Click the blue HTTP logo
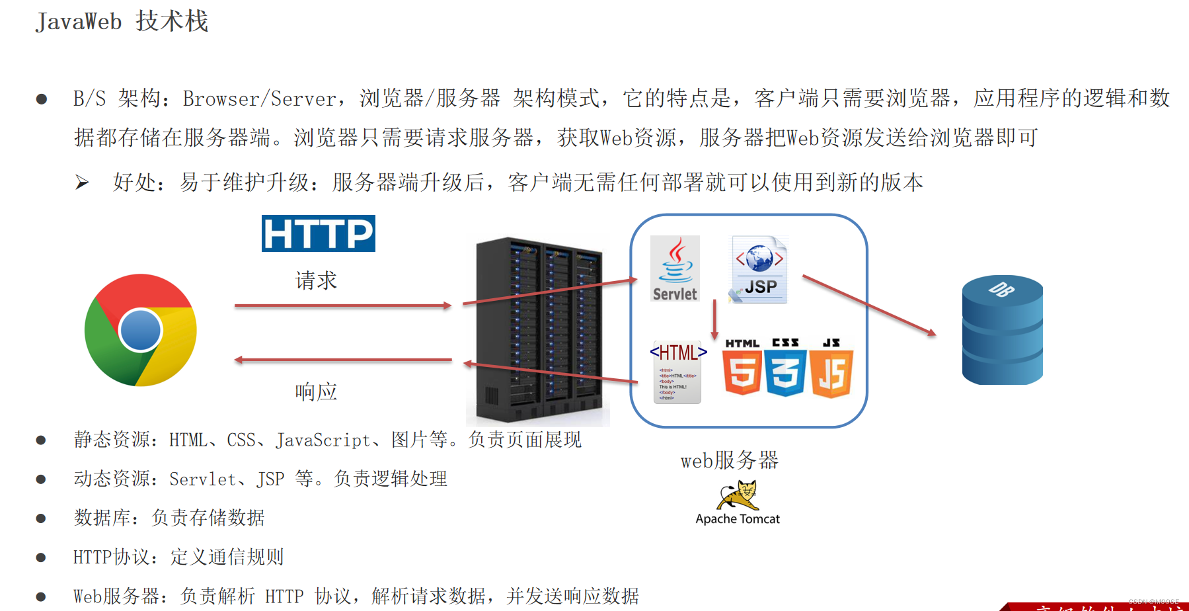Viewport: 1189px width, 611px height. tap(318, 233)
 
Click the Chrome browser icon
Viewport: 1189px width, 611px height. tap(141, 330)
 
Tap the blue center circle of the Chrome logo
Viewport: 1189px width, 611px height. tap(141, 330)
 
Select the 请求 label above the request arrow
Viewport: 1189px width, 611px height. tap(316, 280)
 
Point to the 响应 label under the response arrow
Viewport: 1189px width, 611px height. tap(316, 391)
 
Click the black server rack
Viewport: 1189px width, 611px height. tap(538, 331)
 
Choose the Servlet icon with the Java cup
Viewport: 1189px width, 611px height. tap(675, 269)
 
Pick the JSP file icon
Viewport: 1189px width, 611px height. tap(759, 270)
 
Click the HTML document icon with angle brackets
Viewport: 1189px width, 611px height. tap(677, 372)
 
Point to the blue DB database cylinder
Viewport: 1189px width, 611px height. tap(1002, 330)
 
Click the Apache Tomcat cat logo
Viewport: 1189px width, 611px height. tap(739, 495)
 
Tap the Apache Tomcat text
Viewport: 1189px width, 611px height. tap(738, 519)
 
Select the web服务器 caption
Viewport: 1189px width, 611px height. tap(730, 460)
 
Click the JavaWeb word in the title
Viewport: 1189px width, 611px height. tap(79, 22)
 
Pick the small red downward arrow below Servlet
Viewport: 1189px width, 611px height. tap(714, 320)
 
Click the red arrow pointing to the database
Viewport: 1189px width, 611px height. tap(869, 305)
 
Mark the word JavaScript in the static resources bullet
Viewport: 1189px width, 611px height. tap(323, 440)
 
